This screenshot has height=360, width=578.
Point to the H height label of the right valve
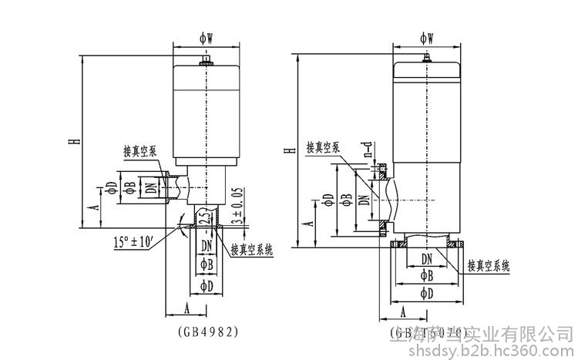pyautogui.click(x=287, y=150)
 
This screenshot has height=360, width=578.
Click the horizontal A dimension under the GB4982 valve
pyautogui.click(x=187, y=307)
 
